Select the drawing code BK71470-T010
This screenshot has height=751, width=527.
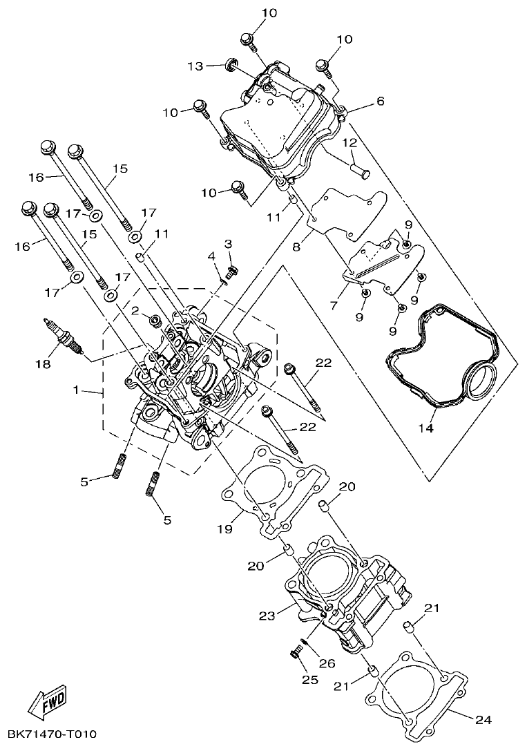coord(52,734)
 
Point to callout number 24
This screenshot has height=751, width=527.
coord(483,720)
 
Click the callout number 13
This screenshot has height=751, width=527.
coord(195,66)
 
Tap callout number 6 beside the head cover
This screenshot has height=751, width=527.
coord(380,101)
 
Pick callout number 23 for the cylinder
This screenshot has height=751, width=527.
coord(267,614)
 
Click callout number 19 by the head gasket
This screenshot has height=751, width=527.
coord(224,529)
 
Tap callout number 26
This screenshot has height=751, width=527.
coord(327,663)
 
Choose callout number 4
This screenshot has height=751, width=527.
coord(213,257)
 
